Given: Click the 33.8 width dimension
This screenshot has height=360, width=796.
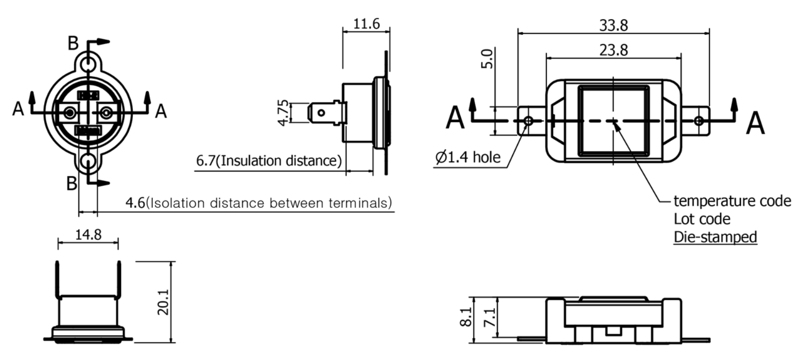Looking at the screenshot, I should click(613, 25).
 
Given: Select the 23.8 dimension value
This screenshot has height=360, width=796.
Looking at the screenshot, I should click(613, 50).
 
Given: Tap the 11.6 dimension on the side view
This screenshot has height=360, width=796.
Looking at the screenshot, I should click(367, 23).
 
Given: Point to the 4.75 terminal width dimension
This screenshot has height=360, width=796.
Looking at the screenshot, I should click(283, 113).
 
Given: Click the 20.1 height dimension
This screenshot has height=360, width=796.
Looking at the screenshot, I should click(163, 302).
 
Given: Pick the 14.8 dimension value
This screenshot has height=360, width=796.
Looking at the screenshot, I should click(88, 234).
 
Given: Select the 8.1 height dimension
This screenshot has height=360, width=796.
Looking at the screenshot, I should click(466, 317).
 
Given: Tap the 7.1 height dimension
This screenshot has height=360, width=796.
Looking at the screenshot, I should click(489, 317).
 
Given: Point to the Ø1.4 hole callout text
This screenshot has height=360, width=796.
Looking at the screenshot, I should click(468, 157).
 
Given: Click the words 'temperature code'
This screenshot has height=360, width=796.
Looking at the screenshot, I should click(732, 201).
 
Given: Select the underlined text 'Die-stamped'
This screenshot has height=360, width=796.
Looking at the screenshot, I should click(715, 237).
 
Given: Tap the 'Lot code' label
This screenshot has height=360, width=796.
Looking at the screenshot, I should click(702, 219).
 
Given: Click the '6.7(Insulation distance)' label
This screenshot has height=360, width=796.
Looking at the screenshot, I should click(269, 161).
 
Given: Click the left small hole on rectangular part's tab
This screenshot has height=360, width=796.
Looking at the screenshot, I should click(528, 120).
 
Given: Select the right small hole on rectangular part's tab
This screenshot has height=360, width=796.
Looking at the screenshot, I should click(698, 120).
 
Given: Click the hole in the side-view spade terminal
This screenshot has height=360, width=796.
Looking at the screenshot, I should click(321, 113).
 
